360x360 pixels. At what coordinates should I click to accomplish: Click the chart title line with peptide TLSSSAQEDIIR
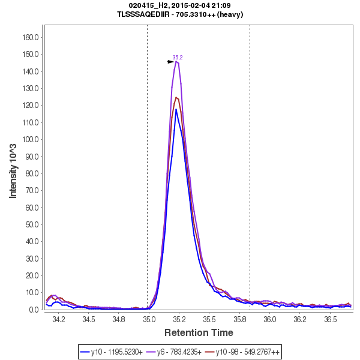pos(181,14)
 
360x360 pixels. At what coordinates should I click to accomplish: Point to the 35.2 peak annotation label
pos(178,58)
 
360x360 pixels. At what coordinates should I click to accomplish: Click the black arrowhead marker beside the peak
pos(171,61)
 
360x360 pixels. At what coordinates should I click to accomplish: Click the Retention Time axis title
pos(199,332)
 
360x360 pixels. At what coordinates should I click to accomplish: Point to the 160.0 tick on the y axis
pos(30,37)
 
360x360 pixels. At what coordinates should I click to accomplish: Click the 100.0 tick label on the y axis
pos(30,139)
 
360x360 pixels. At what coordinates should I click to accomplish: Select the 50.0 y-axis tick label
pos(31,224)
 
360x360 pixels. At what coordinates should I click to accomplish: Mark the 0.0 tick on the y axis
pos(34,310)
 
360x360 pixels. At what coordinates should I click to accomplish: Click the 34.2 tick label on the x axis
pos(59,320)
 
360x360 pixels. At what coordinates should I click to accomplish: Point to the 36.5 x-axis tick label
pos(330,320)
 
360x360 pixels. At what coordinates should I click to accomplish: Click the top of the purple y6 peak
pos(176,61)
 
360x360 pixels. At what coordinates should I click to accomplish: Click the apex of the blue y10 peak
pos(176,109)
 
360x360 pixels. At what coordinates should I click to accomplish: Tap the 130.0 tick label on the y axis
pos(30,88)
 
